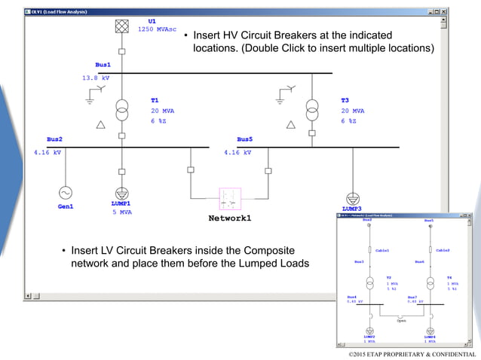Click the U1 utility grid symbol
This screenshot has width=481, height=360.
[121, 26]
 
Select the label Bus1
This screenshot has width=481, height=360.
[103, 66]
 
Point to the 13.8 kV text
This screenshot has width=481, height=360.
[96, 78]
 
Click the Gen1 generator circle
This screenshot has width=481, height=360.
[65, 193]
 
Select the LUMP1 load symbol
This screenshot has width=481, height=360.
[121, 193]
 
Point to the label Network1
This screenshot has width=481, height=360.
[230, 218]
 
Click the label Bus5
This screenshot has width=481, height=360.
[244, 139]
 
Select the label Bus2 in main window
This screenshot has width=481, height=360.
[54, 139]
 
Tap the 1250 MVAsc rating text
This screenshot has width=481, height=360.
[157, 29]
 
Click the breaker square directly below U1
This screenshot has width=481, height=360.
[121, 51]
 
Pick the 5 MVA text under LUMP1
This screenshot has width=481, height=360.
[121, 212]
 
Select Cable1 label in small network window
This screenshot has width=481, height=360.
[384, 249]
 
